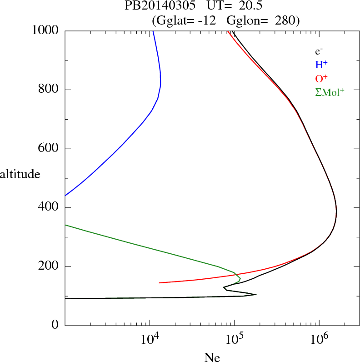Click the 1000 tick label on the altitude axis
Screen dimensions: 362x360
pos(46,30)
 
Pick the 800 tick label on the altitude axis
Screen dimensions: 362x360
pos(49,90)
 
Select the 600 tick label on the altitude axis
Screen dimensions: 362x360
pos(49,149)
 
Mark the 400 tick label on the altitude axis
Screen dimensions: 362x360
pos(49,208)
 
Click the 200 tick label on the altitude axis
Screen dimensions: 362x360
pos(49,266)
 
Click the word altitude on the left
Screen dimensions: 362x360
pos(20,174)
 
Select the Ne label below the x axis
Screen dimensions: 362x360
pos(212,358)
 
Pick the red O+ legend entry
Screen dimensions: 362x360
pos(321,79)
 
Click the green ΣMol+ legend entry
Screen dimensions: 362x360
pos(330,92)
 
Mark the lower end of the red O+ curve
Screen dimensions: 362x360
pos(160,282)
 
